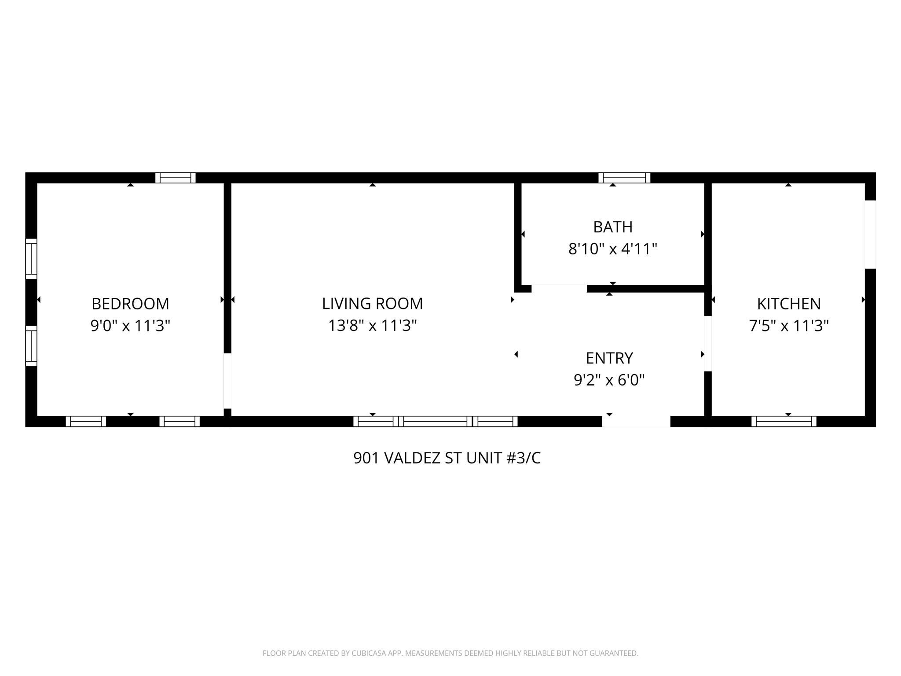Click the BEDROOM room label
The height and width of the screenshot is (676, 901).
130,304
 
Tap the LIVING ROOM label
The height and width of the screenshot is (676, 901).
372,304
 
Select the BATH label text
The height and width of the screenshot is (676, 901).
613,227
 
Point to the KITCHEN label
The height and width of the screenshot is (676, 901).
789,304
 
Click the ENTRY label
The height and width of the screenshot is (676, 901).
609,358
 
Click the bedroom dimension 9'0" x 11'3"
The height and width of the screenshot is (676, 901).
130,326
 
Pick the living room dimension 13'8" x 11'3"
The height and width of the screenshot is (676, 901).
372,326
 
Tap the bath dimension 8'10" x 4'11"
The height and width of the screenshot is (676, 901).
613,250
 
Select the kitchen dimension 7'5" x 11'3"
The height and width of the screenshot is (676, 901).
789,326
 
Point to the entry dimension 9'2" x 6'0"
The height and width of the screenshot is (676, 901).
609,380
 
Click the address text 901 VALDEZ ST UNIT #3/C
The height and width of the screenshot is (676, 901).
447,458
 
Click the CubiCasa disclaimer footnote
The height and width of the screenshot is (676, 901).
450,653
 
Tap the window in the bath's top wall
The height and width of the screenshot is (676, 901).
624,178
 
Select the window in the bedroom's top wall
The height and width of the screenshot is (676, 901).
176,178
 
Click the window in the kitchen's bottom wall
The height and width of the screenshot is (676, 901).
784,421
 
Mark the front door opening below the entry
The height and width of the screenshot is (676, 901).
636,421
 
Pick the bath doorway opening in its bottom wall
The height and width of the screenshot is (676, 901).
559,289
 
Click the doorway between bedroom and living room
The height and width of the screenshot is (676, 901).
227,381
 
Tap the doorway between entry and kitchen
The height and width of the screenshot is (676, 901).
708,344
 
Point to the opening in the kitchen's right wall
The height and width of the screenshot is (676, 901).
870,234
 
